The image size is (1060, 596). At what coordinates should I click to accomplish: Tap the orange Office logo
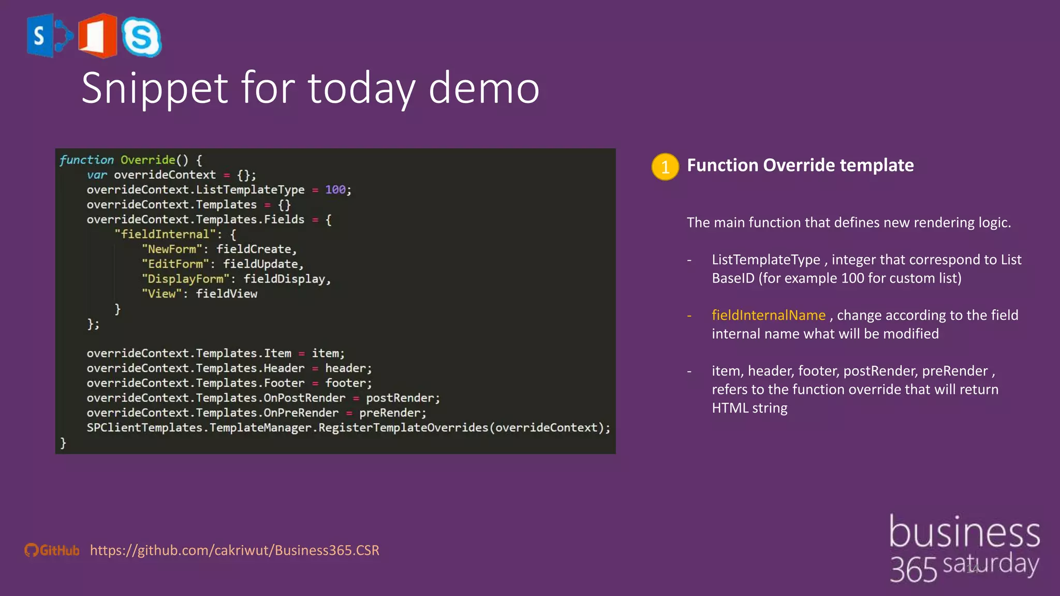coord(98,36)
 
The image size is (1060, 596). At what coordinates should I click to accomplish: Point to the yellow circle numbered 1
coord(665,167)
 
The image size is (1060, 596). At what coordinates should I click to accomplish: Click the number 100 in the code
coord(335,190)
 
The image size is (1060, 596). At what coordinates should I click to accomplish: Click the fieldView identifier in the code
coord(226,294)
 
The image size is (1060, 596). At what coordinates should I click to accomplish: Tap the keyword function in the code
coord(86,160)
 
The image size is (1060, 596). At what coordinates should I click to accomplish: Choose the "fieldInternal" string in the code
coord(165,234)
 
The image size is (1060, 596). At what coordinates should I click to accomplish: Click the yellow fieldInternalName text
coord(769,315)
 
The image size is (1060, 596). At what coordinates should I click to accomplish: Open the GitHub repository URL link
coord(234,550)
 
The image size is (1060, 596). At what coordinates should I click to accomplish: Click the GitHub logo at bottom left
coord(52,550)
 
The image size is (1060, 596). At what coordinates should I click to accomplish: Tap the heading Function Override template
coord(800,165)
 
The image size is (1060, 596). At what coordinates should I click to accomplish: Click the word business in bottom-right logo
coord(964,532)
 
